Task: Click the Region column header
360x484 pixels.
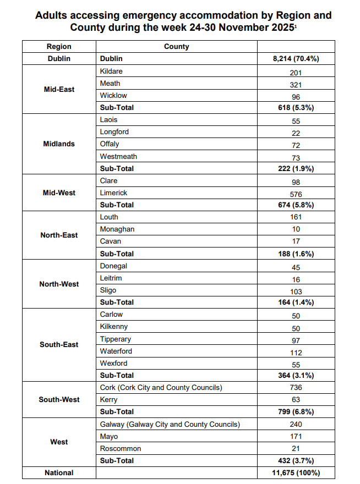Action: pos(59,47)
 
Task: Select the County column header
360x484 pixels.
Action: pos(176,47)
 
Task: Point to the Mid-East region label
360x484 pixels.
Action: pos(59,89)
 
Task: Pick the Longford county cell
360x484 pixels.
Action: pos(114,132)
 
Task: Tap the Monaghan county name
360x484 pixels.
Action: pos(117,229)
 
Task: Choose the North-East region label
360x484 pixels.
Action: pos(59,235)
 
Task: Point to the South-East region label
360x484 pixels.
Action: pos(59,345)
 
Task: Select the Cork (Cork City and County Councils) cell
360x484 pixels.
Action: pos(161,388)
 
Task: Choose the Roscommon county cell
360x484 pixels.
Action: pos(121,449)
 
